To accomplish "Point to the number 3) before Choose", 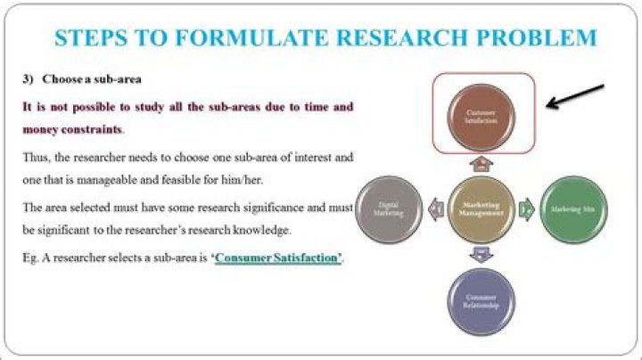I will coord(28,78).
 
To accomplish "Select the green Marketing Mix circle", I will coord(572,210).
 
